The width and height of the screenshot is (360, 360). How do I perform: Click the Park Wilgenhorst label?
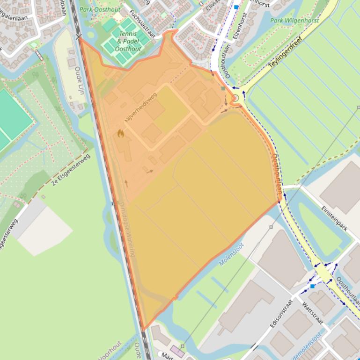(x=294, y=21)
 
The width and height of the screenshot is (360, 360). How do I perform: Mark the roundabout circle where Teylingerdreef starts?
(x=235, y=98)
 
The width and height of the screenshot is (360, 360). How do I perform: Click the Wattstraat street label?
(x=313, y=314)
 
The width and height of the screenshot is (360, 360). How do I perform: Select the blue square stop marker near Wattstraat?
(x=312, y=286)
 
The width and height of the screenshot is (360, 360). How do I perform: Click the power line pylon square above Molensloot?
(x=271, y=227)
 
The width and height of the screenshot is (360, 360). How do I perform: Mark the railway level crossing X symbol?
(x=78, y=36)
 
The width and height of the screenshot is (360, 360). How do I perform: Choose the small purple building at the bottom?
(x=177, y=351)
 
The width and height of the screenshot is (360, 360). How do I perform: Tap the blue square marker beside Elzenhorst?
(x=236, y=7)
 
